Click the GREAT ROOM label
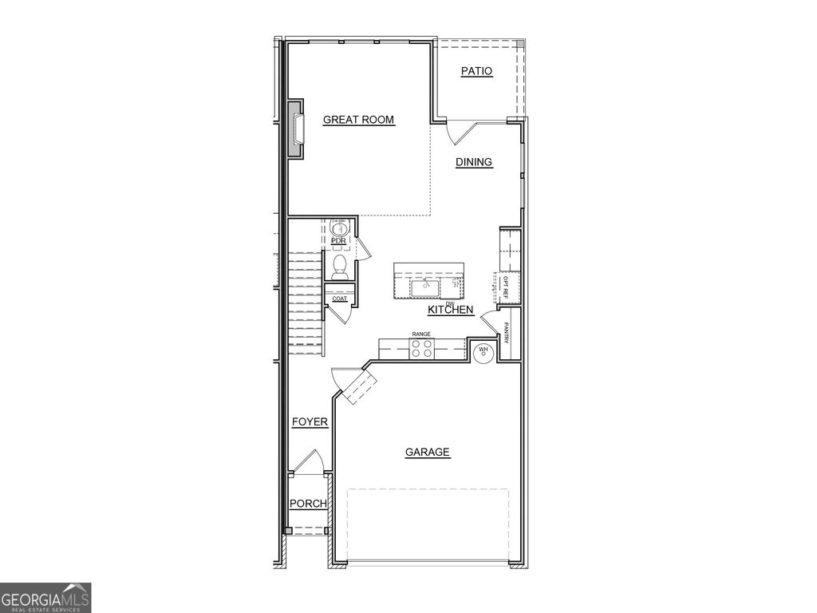pos(358,121)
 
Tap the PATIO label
pos(477,72)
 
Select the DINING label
pos(474,162)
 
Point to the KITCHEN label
pos(451,310)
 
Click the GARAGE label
pos(428,453)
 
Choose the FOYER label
pos(310,421)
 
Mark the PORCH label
pos(307,504)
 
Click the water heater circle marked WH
pos(483,351)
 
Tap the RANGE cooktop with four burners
pos(421,347)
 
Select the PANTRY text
pos(506,334)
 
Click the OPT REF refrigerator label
pos(505,287)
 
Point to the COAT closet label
pos(339,299)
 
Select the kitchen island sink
pos(423,284)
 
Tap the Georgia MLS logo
pos(45,598)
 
